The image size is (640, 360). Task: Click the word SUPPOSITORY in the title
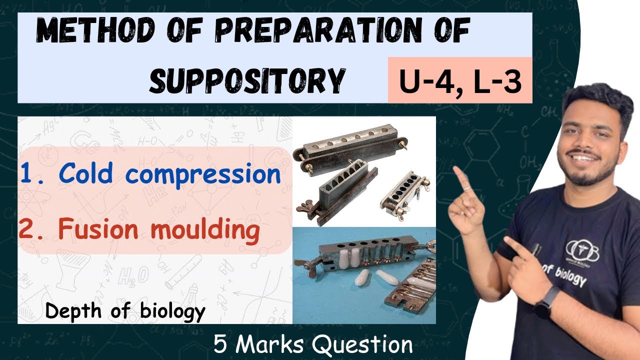[247, 80]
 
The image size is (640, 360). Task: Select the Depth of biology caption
[125, 311]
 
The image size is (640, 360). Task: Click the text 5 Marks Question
[313, 344]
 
